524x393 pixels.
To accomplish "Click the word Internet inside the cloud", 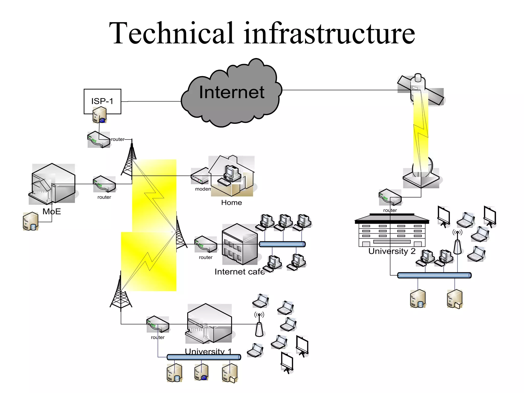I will tap(232, 92).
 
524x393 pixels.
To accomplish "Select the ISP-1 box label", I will tap(102, 101).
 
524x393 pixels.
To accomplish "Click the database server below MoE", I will tap(30, 221).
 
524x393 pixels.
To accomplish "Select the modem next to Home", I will tap(200, 176).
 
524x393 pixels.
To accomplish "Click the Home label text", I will tap(231, 203).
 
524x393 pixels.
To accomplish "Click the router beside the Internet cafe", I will tap(205, 244).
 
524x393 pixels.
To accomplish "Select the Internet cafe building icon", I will tap(239, 244).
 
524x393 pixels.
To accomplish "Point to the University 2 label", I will tap(392, 251).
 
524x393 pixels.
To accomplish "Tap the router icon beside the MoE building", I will tap(104, 184).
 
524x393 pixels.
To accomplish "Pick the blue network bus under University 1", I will tap(204, 357).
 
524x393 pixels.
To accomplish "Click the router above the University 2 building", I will tap(390, 197).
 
